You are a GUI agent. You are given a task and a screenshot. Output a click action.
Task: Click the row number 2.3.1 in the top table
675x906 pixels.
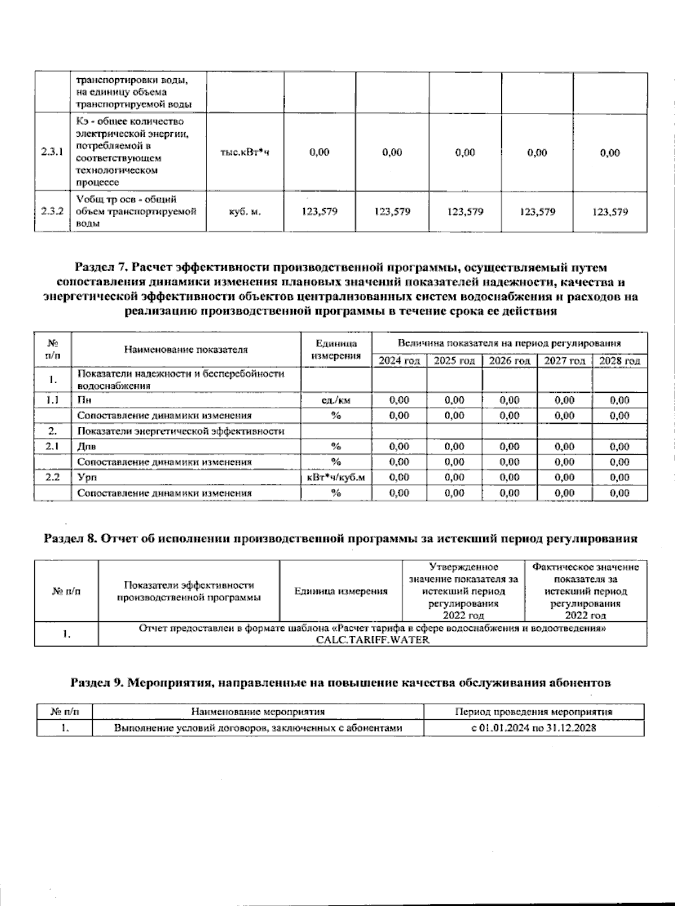pos(51,152)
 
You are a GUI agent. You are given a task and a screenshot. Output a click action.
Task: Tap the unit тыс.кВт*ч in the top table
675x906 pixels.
pos(245,153)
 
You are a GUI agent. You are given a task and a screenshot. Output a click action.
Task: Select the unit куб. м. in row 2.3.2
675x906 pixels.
pos(245,212)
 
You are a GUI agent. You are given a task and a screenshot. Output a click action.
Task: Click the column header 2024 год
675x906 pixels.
pos(399,361)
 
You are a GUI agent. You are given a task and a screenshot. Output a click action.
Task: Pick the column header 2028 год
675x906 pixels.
pos(619,361)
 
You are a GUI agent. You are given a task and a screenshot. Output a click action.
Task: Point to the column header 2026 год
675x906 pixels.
pos(509,361)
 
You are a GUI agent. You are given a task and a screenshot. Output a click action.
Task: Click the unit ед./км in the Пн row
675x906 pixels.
pos(336,401)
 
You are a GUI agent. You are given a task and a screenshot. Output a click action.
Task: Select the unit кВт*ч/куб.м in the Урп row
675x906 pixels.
pos(336,477)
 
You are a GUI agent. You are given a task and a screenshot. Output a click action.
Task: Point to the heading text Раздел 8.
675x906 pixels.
pos(70,539)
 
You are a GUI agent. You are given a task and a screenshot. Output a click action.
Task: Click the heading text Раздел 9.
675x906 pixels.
pos(96,683)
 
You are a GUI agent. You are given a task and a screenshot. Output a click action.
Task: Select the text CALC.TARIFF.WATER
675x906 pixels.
pos(372,640)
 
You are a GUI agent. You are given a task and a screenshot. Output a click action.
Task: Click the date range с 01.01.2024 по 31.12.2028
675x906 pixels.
pos(533,728)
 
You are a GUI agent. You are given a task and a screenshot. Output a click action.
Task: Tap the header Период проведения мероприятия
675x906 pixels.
pos(533,712)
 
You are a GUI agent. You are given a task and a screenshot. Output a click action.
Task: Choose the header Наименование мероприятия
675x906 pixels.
pos(258,712)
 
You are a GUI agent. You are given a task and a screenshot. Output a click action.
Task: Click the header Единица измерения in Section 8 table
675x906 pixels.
pos(341,591)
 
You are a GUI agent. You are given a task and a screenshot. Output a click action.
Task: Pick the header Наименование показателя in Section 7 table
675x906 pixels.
pos(186,349)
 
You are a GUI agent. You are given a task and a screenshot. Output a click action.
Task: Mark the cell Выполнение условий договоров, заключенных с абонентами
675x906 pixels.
pos(258,728)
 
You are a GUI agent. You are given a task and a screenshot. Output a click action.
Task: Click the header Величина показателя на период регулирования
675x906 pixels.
pos(509,343)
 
